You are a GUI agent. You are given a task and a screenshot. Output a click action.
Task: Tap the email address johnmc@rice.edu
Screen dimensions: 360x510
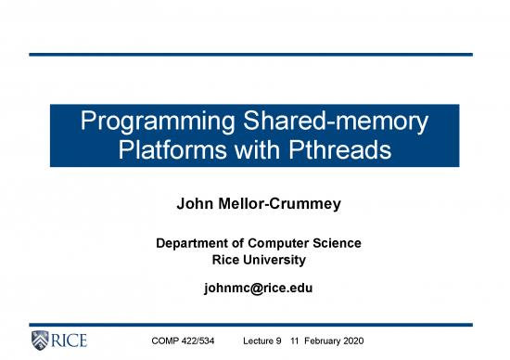[257, 288]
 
